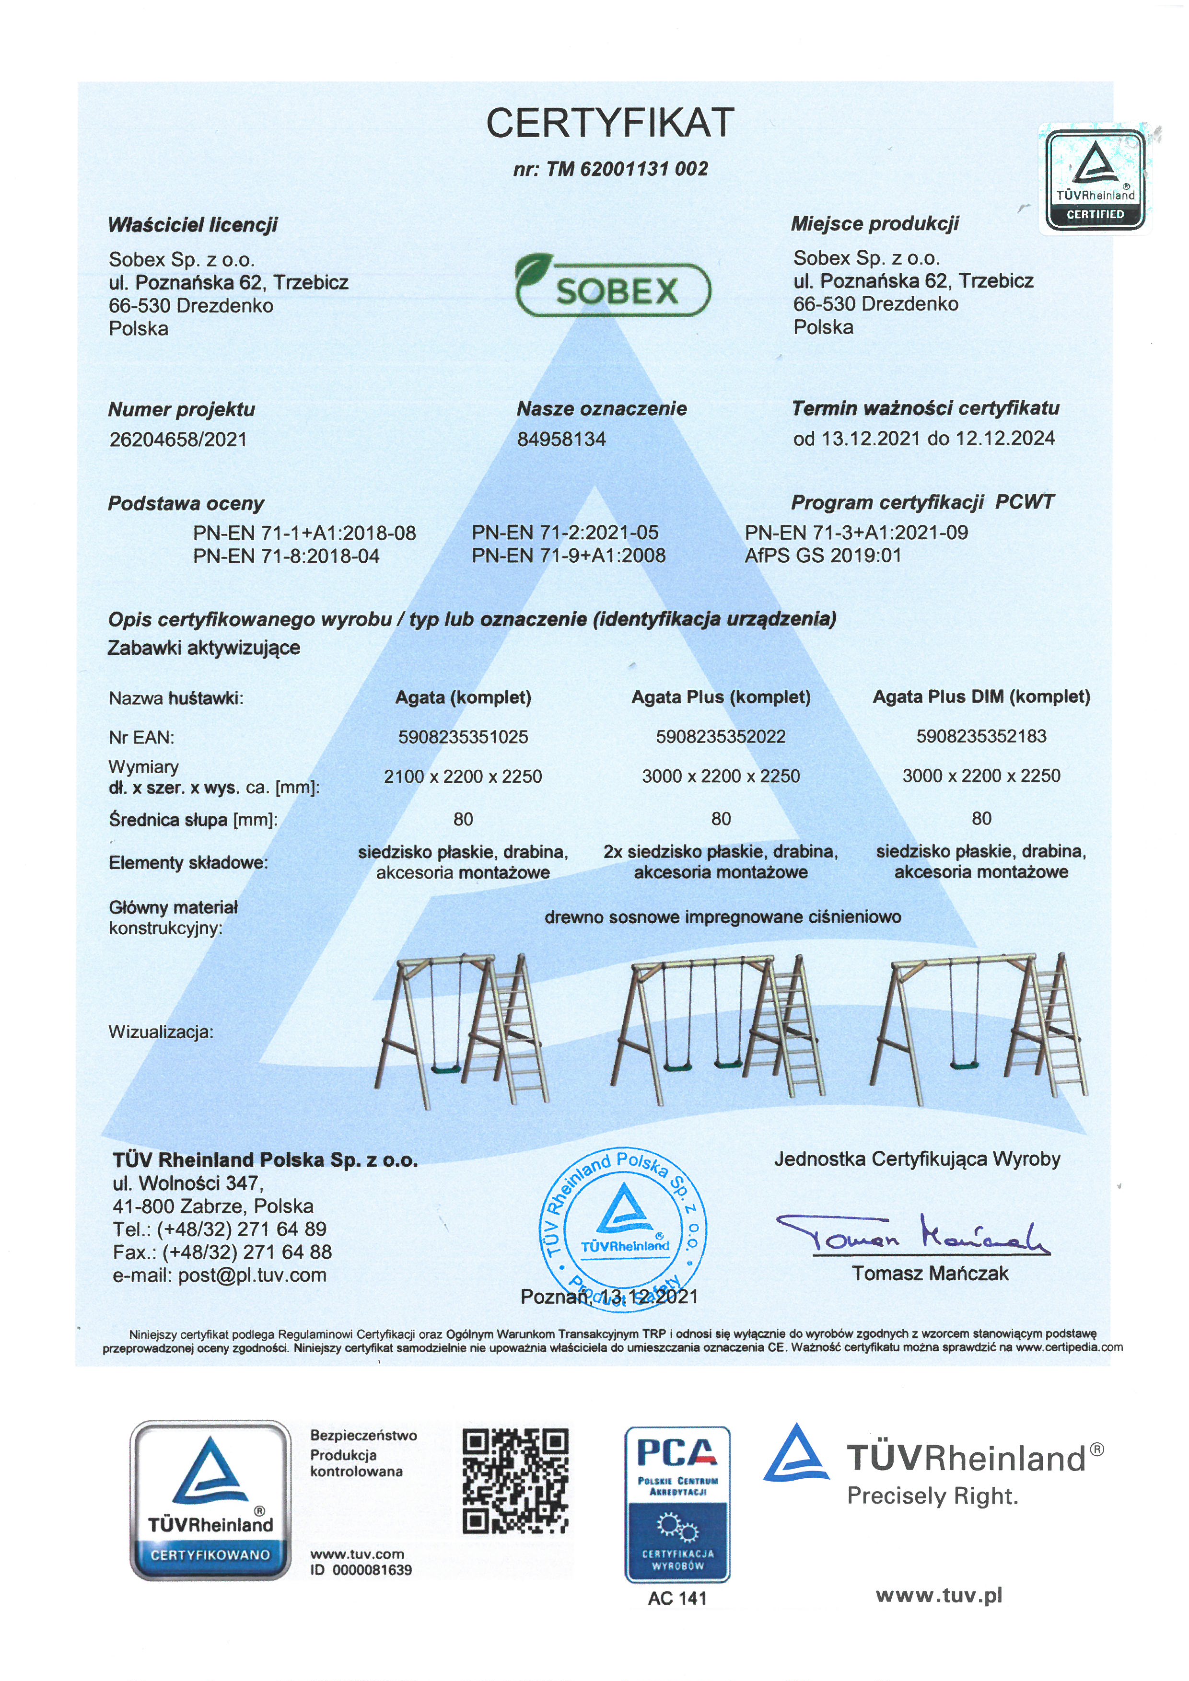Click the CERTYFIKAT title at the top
(610, 123)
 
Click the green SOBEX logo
(612, 286)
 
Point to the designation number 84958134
(561, 439)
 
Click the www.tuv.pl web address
(939, 1595)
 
